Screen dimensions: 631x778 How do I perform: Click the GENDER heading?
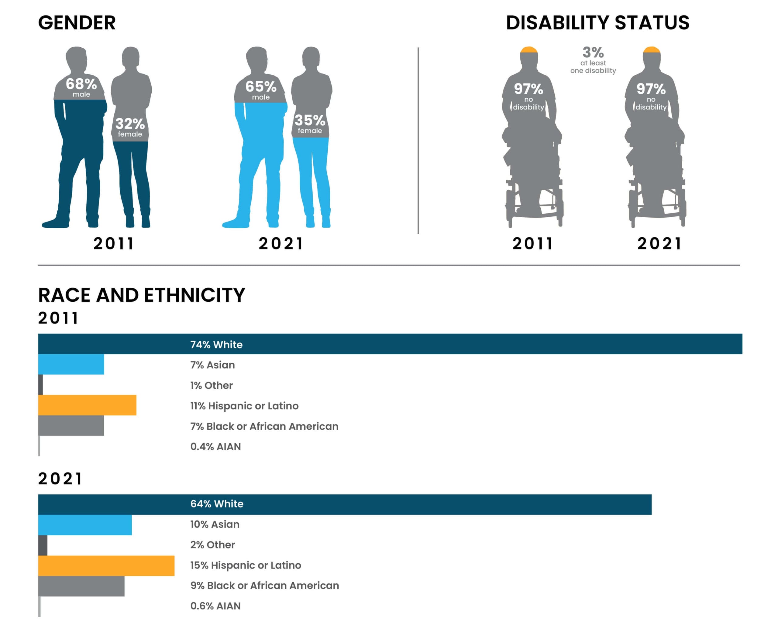tap(77, 23)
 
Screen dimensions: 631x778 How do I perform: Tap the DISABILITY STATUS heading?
tap(597, 23)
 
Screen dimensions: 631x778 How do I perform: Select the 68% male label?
tap(81, 87)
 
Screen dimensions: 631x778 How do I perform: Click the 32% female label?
tap(130, 127)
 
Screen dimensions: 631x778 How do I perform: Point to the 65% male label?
tap(261, 90)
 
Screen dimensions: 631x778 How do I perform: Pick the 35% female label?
tap(310, 124)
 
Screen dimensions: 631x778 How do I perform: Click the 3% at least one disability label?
tap(593, 60)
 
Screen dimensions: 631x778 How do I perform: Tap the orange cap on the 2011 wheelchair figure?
tap(529, 50)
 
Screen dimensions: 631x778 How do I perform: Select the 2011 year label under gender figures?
tap(114, 243)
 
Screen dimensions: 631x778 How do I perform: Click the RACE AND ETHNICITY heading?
tap(142, 295)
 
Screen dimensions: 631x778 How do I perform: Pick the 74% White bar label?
tap(216, 344)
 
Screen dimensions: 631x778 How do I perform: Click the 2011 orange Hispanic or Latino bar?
tap(87, 405)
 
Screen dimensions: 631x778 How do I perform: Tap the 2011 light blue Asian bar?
tap(71, 364)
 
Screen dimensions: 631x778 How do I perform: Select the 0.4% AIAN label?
tap(215, 446)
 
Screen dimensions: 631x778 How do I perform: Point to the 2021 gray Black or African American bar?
tap(81, 586)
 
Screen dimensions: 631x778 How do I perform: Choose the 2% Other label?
tap(212, 544)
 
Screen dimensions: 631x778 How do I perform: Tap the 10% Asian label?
tap(215, 524)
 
